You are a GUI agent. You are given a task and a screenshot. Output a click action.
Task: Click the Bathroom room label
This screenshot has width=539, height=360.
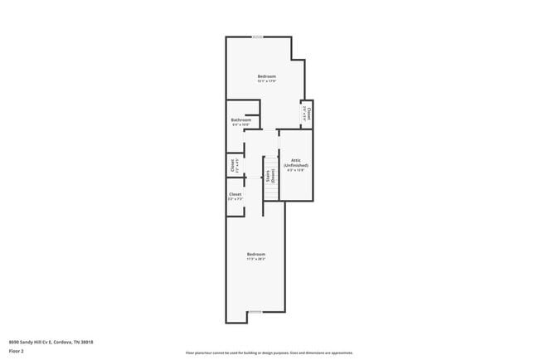(x=241, y=120)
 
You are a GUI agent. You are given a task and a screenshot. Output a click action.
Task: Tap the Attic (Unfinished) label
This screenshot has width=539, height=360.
(x=296, y=163)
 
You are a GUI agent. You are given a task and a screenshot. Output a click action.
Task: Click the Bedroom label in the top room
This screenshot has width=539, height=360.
(x=266, y=76)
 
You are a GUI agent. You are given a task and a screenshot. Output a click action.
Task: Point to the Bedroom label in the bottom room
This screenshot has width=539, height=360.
(x=255, y=254)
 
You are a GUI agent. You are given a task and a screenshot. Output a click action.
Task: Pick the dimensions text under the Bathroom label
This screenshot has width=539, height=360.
(x=241, y=125)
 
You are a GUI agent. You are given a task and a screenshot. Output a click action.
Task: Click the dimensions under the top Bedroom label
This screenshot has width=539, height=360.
(x=266, y=81)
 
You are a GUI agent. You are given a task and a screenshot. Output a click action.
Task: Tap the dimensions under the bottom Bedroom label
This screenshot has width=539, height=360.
(x=255, y=259)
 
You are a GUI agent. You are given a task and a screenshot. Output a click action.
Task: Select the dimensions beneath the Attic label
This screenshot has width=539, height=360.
(x=296, y=171)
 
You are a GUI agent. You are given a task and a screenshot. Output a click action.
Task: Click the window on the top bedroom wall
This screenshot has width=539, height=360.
(x=259, y=36)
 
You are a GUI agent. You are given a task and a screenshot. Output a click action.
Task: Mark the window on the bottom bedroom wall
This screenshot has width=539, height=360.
(x=255, y=313)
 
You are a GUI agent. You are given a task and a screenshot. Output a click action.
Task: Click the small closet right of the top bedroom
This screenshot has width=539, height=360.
(x=306, y=112)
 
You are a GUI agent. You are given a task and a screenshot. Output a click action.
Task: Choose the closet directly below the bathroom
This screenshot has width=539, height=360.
(x=235, y=165)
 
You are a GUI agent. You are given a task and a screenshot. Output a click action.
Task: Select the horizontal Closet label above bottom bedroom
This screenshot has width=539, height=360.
(x=235, y=194)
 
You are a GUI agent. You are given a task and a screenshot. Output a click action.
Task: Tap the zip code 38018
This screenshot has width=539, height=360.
(x=86, y=341)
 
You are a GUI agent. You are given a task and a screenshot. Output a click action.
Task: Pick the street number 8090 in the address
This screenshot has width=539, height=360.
(x=14, y=341)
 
